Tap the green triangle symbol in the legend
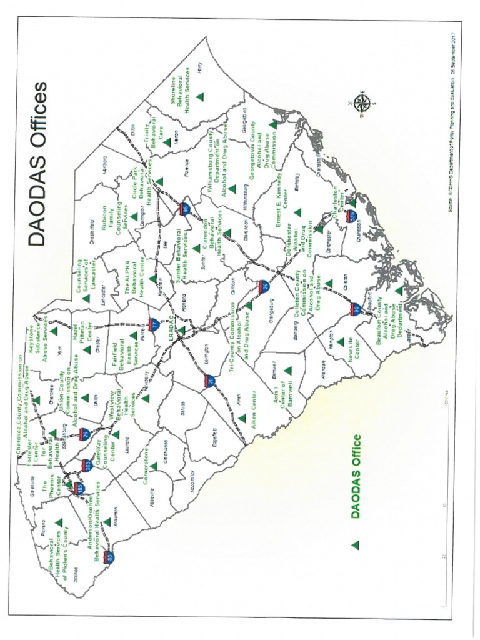click(356, 545)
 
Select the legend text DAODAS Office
click(356, 476)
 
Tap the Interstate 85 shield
click(110, 556)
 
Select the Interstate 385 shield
click(86, 465)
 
